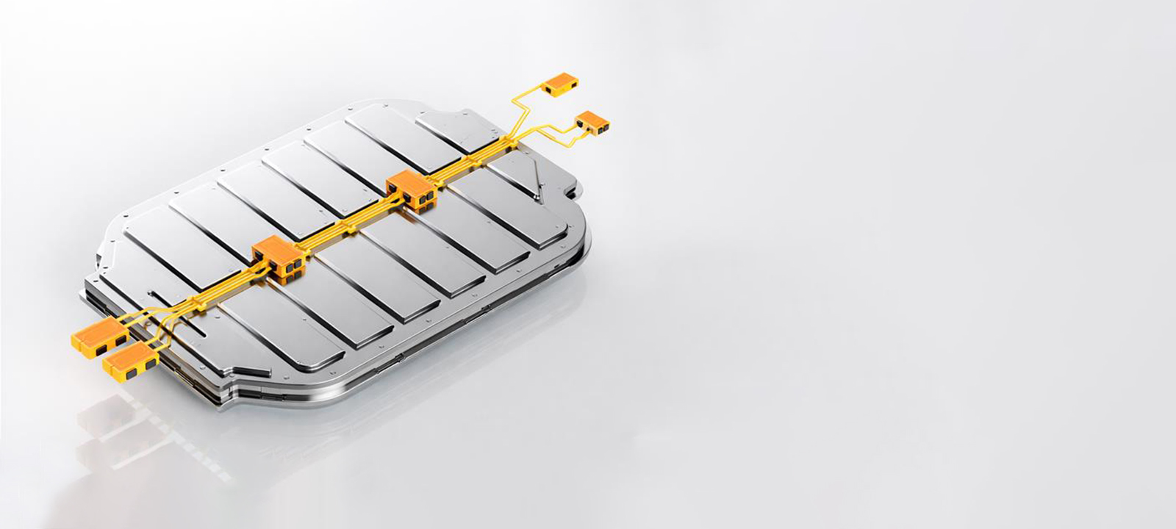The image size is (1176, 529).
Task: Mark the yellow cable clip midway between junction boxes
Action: click(345, 225)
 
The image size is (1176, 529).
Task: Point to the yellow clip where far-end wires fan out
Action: click(507, 140)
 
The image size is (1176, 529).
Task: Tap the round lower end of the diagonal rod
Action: click(539, 198)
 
